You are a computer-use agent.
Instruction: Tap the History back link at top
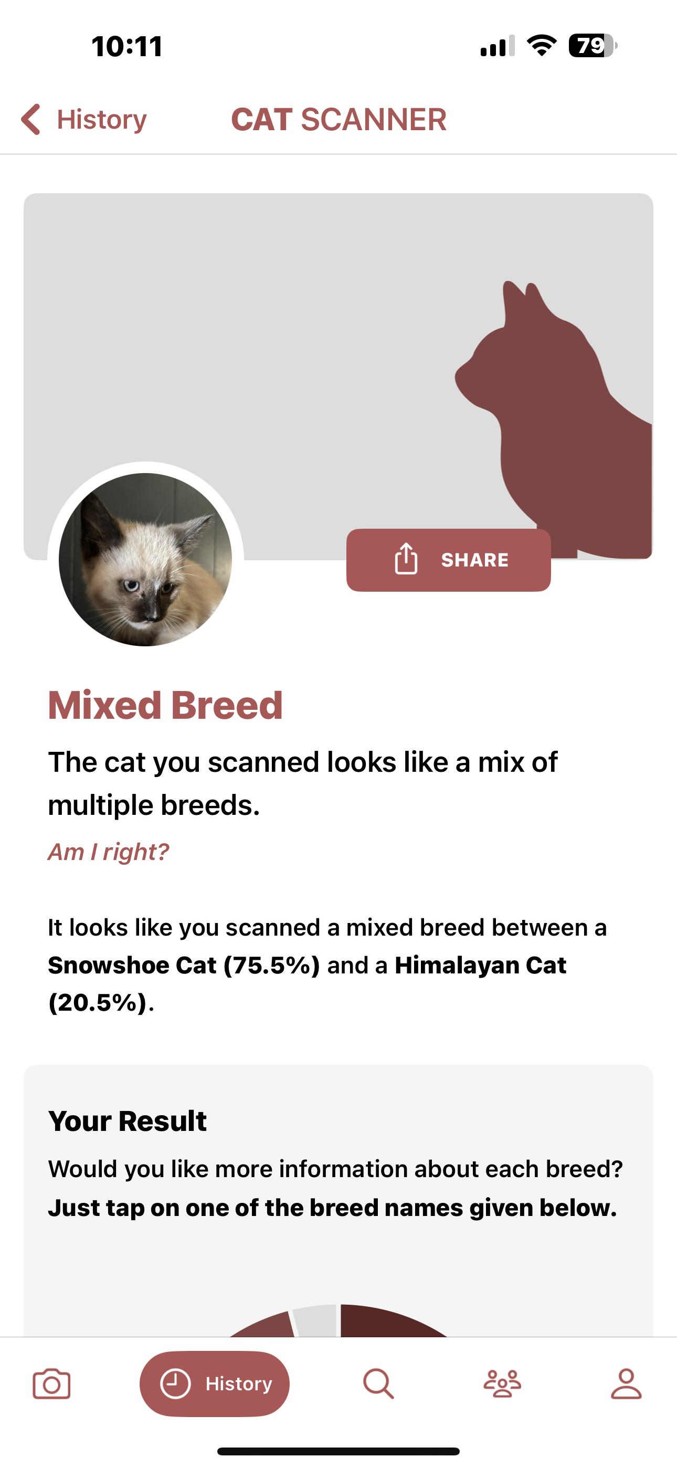tap(84, 120)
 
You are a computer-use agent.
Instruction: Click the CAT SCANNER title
tap(338, 120)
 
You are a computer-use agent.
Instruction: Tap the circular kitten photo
tap(145, 560)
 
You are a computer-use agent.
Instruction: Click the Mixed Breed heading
tap(165, 705)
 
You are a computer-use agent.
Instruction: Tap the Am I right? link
tap(108, 852)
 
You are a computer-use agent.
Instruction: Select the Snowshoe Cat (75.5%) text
tap(184, 965)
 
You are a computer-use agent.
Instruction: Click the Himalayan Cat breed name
tap(480, 965)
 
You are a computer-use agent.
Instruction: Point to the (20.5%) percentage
tap(98, 1002)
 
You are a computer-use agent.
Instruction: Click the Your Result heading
tap(127, 1121)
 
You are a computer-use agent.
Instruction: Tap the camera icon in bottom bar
tap(51, 1383)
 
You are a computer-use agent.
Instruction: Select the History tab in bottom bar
tap(215, 1383)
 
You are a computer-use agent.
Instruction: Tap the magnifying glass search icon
tap(378, 1383)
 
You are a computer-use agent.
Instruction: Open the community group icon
tap(502, 1383)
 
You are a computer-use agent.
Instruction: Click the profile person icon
tap(626, 1383)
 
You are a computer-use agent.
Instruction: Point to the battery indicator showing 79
tap(593, 46)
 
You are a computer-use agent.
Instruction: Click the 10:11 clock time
tap(127, 46)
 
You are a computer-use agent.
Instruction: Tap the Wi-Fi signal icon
tap(542, 46)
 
